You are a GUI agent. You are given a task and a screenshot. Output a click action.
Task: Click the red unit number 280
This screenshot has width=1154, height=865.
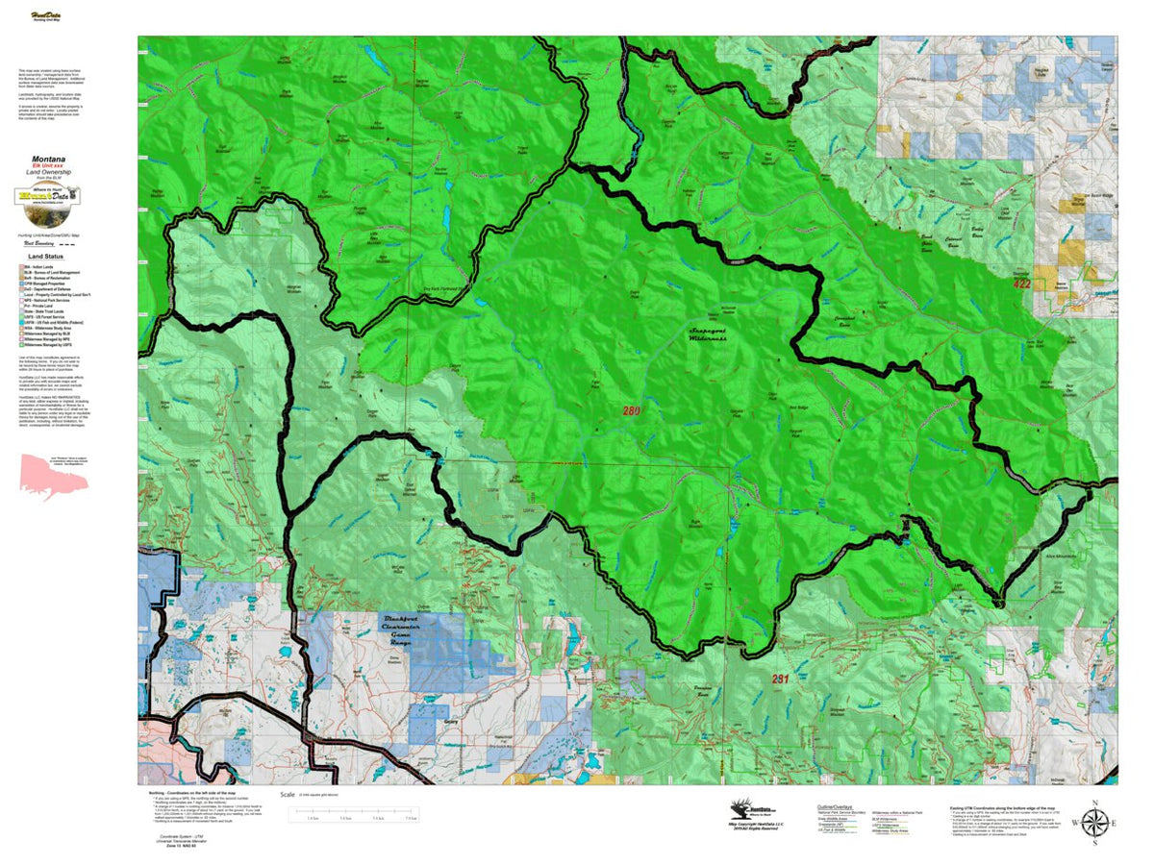631,411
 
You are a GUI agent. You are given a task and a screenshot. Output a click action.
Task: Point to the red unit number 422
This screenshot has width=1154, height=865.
1021,284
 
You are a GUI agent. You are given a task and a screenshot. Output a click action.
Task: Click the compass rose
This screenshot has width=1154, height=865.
1094,823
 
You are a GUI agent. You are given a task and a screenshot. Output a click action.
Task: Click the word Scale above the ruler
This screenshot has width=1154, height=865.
287,795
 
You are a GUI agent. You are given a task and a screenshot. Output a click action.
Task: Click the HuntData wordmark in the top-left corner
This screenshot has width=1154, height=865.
42,16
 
